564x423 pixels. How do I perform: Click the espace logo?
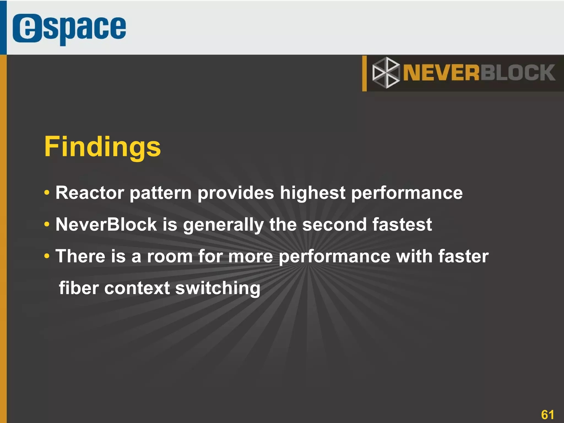(69, 29)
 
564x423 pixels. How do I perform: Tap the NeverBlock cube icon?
(386, 73)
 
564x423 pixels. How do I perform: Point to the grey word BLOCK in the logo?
(518, 73)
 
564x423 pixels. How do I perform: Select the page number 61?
(547, 414)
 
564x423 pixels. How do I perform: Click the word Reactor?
(90, 193)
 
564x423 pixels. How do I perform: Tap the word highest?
(313, 193)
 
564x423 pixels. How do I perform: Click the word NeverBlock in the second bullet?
(106, 224)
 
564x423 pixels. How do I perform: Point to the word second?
(335, 224)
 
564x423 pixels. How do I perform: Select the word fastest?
(402, 224)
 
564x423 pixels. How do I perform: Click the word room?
(170, 256)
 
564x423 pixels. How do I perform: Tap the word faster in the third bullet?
(463, 256)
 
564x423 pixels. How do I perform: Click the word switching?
(218, 288)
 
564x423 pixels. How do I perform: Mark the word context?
(137, 288)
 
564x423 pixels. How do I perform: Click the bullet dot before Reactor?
(47, 193)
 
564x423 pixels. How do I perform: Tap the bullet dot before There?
(47, 256)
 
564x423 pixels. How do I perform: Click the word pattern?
(161, 193)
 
